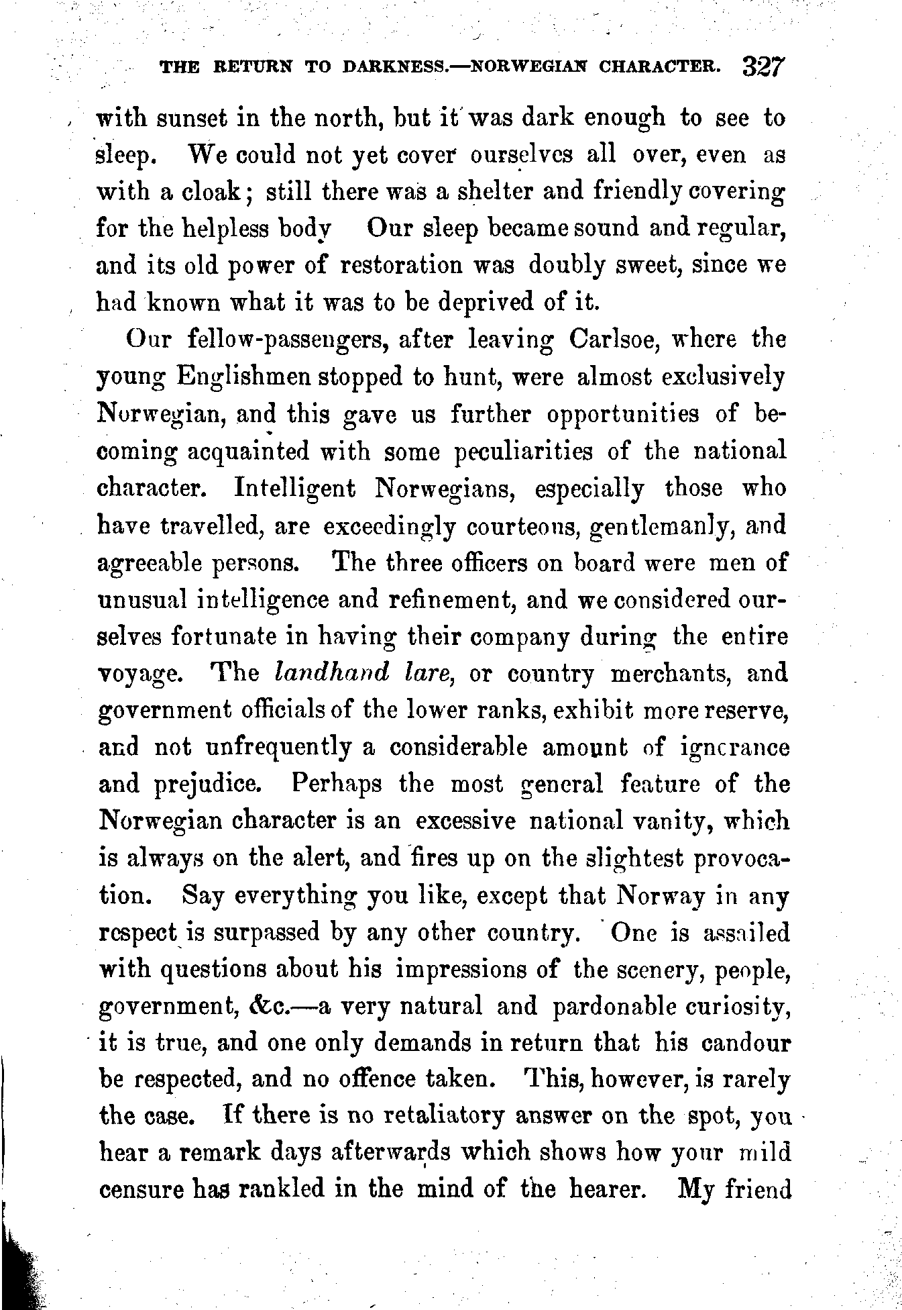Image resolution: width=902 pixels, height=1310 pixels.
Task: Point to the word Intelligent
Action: pos(295,488)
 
